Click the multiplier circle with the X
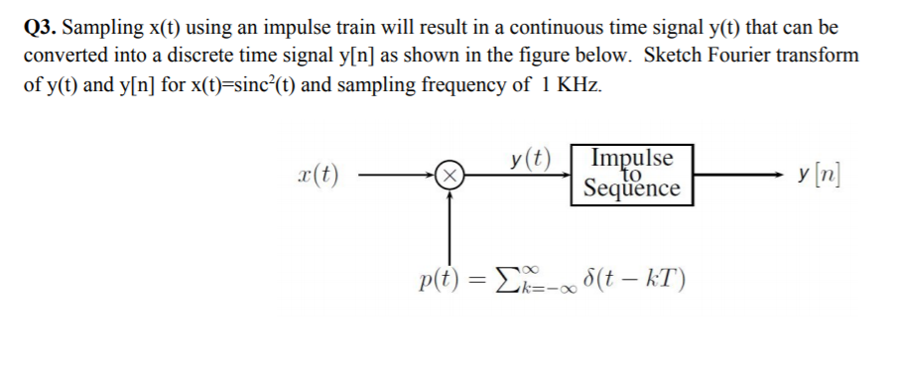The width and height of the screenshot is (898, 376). (x=449, y=178)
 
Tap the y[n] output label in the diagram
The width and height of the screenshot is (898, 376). (x=820, y=175)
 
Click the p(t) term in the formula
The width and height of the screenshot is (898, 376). (x=434, y=277)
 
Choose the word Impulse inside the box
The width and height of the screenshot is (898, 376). (x=630, y=159)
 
